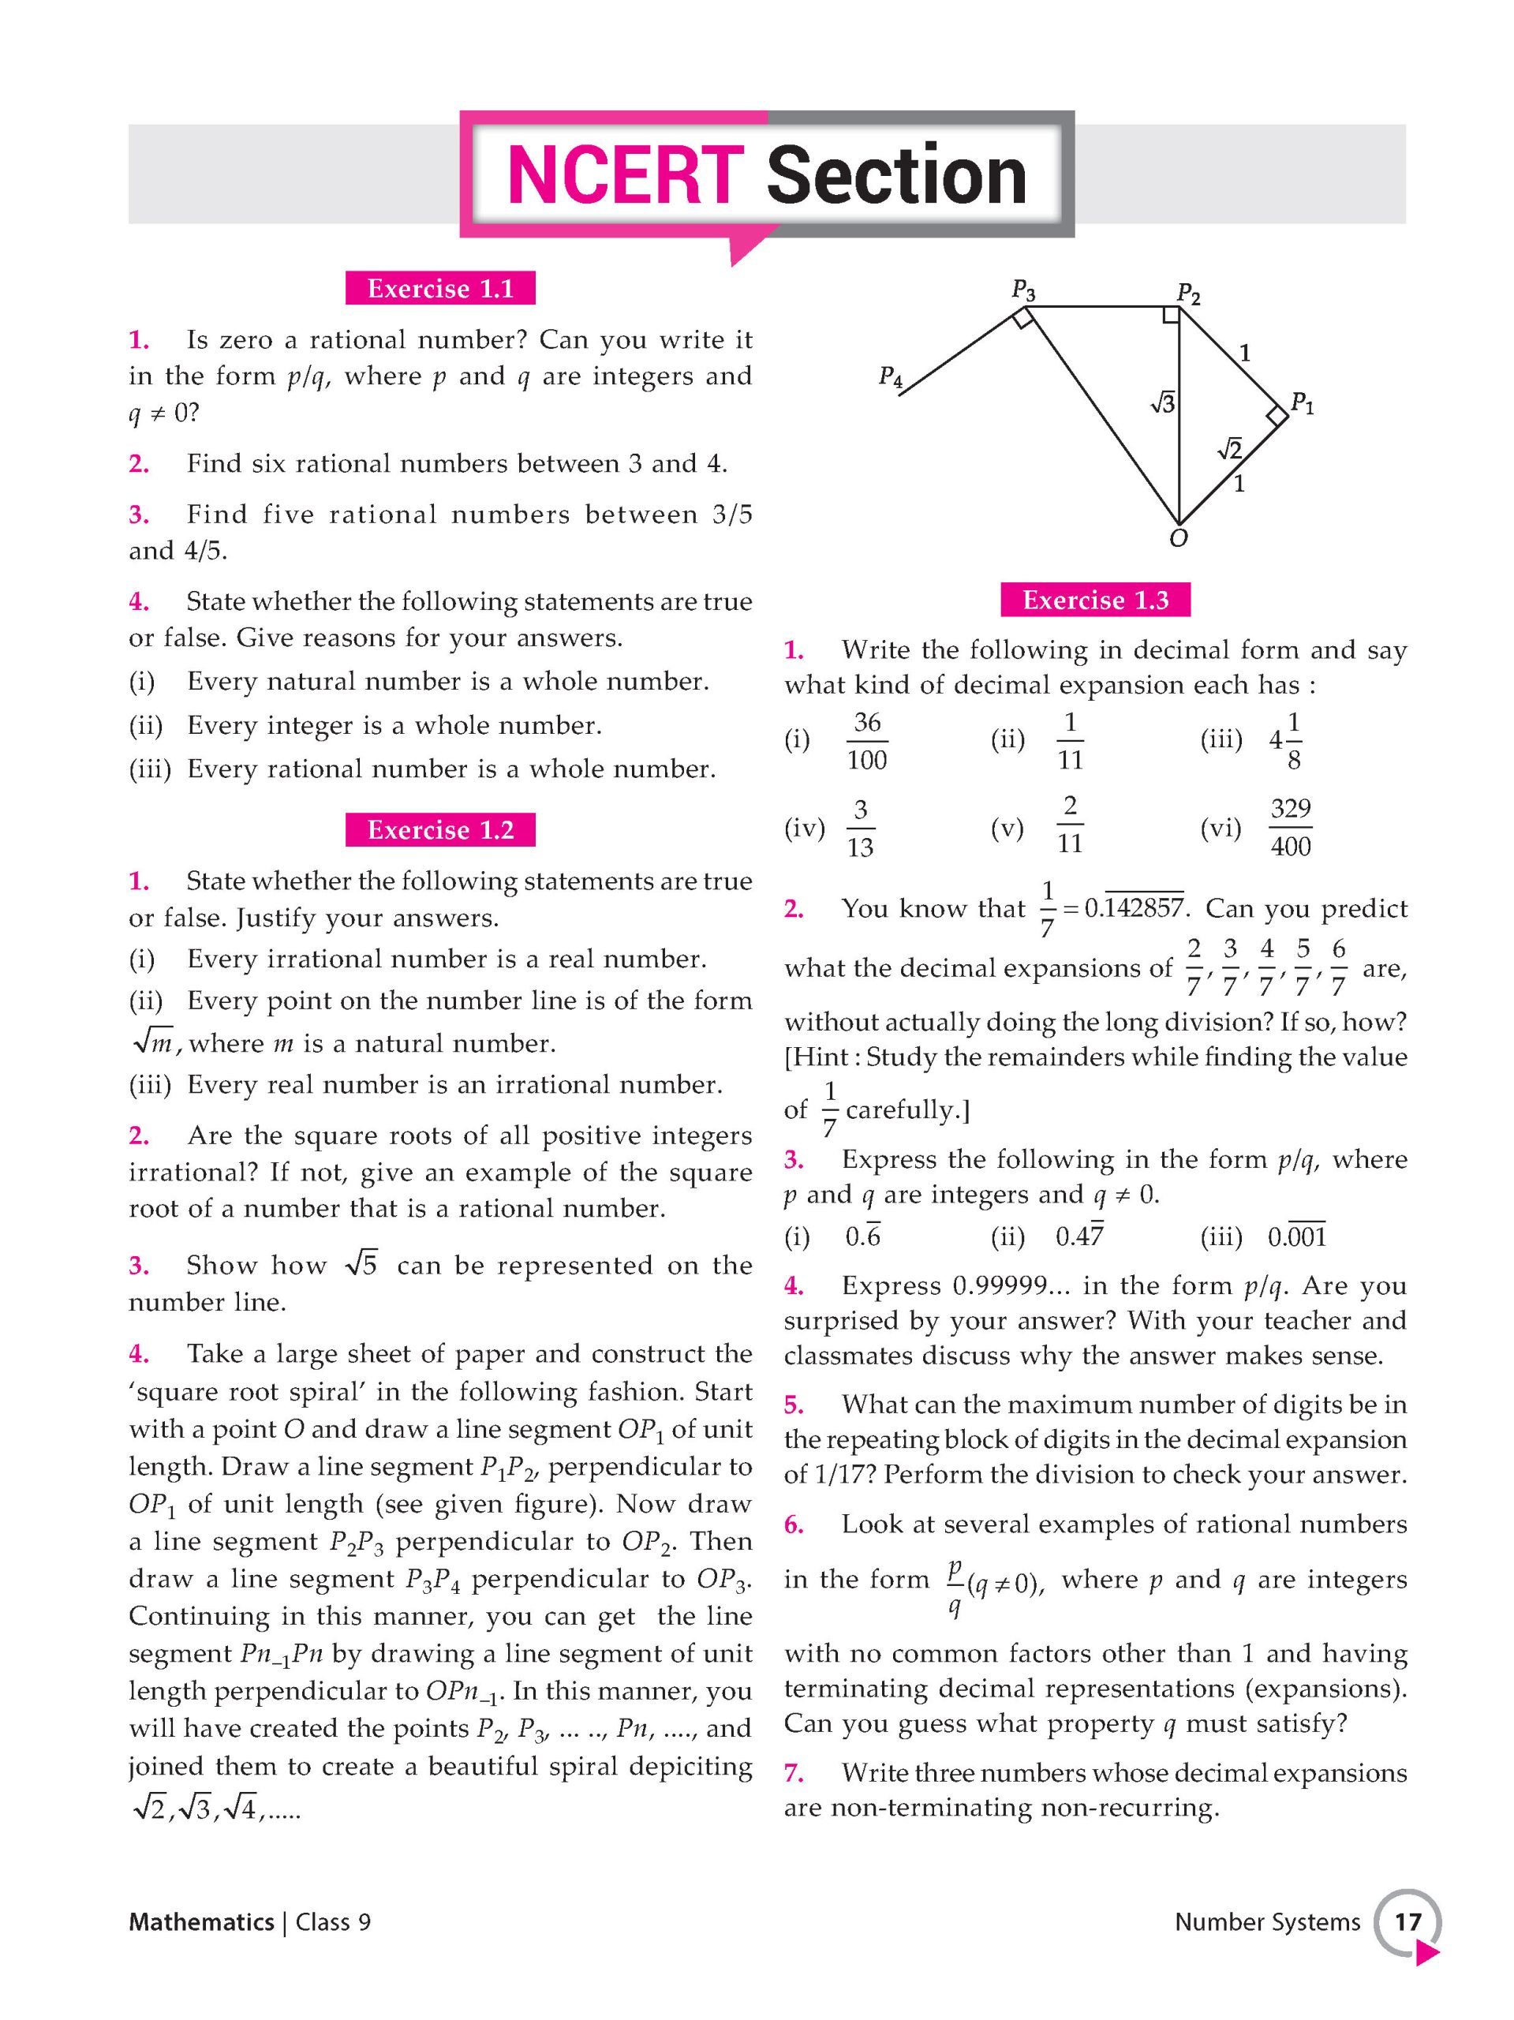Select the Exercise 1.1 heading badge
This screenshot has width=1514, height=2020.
coord(440,289)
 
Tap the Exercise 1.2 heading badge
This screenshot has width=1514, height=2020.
coord(440,829)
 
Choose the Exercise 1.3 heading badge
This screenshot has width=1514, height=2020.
coord(1095,599)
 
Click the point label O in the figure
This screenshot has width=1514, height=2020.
coord(1179,539)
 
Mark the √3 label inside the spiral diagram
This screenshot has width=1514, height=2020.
coord(1162,402)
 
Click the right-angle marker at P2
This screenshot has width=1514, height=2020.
coord(1171,316)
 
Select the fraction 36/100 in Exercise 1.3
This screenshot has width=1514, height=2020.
coord(866,741)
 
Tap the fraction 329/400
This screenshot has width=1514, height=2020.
coord(1290,828)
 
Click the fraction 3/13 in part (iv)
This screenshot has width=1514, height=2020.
coord(860,829)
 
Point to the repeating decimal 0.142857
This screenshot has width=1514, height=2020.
coord(1135,909)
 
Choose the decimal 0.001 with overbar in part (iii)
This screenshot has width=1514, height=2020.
coord(1297,1237)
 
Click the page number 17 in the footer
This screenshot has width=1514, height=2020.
coord(1407,1922)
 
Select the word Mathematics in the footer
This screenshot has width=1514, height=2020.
coord(201,1922)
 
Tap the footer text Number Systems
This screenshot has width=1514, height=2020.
coord(1266,1922)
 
